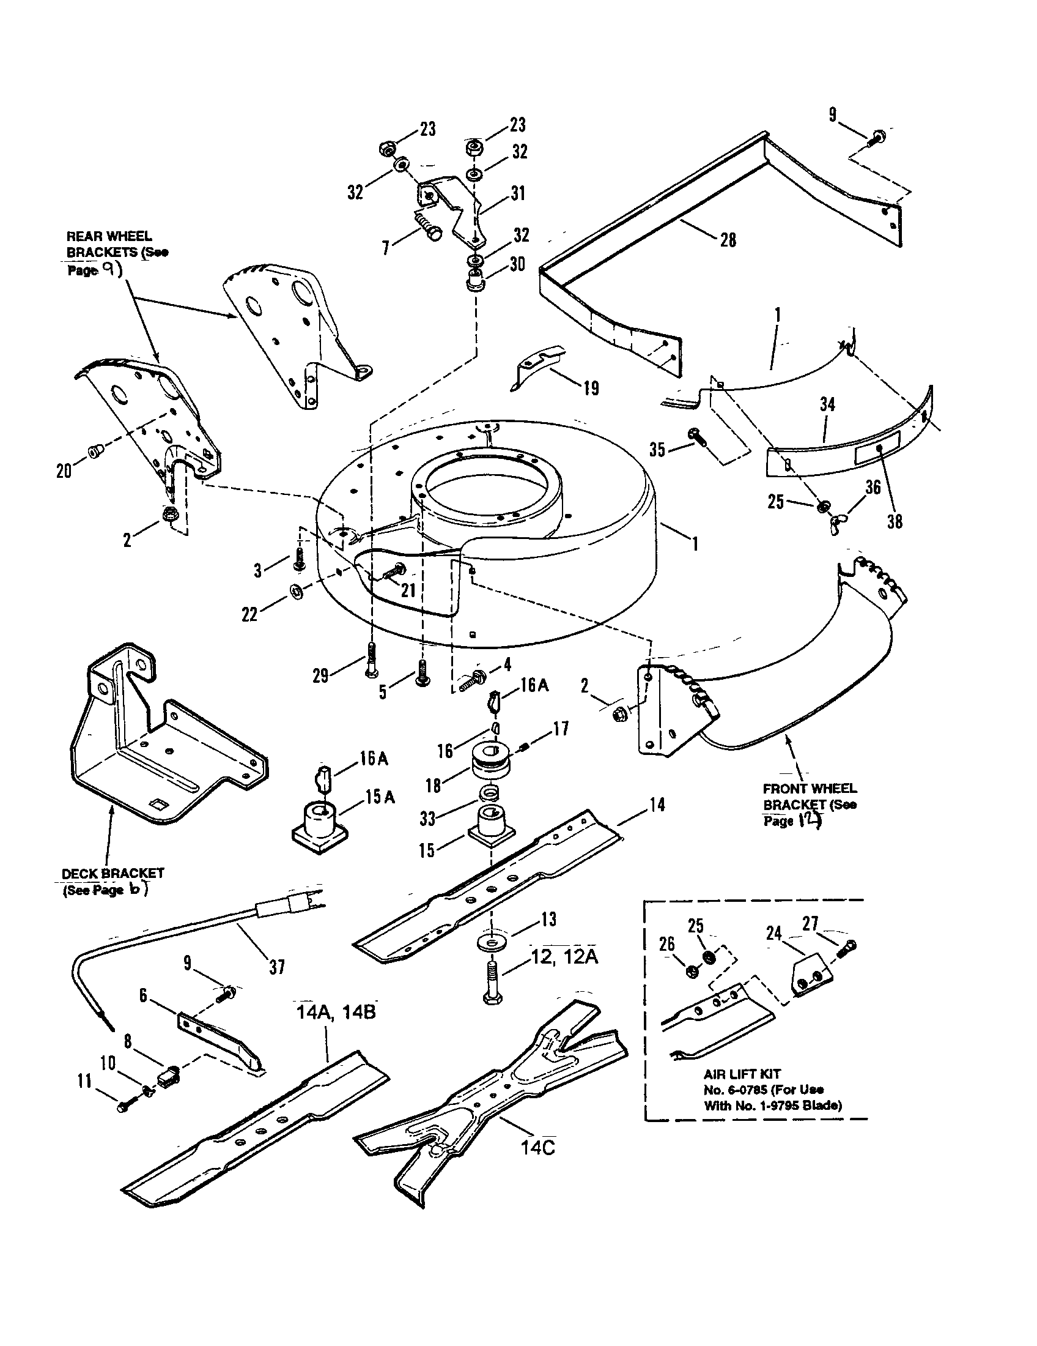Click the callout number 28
click(728, 240)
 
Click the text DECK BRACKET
click(113, 873)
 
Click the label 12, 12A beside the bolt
click(565, 957)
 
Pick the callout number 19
click(591, 389)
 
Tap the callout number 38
click(894, 521)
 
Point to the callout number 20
click(64, 472)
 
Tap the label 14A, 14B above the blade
click(336, 1012)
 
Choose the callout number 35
click(657, 450)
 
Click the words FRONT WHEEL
click(809, 788)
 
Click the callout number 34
click(827, 404)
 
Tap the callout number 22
click(249, 614)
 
